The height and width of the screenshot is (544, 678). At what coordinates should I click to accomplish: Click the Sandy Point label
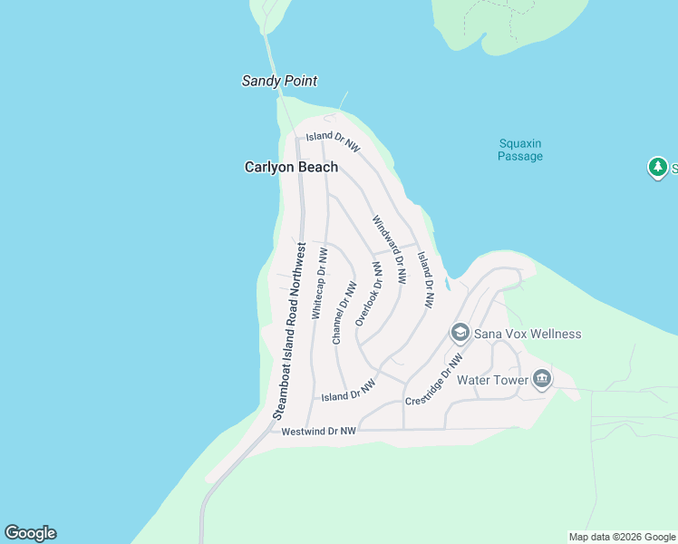click(x=279, y=81)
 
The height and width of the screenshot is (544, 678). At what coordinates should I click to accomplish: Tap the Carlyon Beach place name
click(x=291, y=167)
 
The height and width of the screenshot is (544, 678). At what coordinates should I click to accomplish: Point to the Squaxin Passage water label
click(x=520, y=150)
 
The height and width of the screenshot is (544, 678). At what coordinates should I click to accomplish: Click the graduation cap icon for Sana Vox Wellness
click(x=460, y=334)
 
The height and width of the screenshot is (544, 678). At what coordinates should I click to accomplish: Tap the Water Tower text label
click(x=492, y=380)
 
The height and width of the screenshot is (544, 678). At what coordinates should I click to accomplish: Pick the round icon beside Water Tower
click(x=542, y=379)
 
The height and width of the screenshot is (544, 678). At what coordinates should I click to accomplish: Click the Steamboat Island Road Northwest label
click(x=290, y=330)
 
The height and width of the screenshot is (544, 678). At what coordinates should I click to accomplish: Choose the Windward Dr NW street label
click(x=389, y=240)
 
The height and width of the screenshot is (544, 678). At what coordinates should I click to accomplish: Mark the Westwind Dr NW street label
click(x=318, y=432)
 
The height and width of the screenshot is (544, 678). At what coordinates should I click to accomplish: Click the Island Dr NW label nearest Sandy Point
click(x=333, y=141)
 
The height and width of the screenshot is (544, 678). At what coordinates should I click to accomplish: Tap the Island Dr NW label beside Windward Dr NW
click(x=425, y=280)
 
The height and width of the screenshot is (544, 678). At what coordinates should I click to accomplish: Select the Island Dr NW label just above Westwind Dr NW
click(x=349, y=392)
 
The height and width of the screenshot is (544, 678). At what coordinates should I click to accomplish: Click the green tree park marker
click(x=657, y=168)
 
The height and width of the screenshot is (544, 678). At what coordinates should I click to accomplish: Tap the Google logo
click(x=30, y=533)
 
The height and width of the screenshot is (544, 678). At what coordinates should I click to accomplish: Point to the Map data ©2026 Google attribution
click(x=622, y=537)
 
